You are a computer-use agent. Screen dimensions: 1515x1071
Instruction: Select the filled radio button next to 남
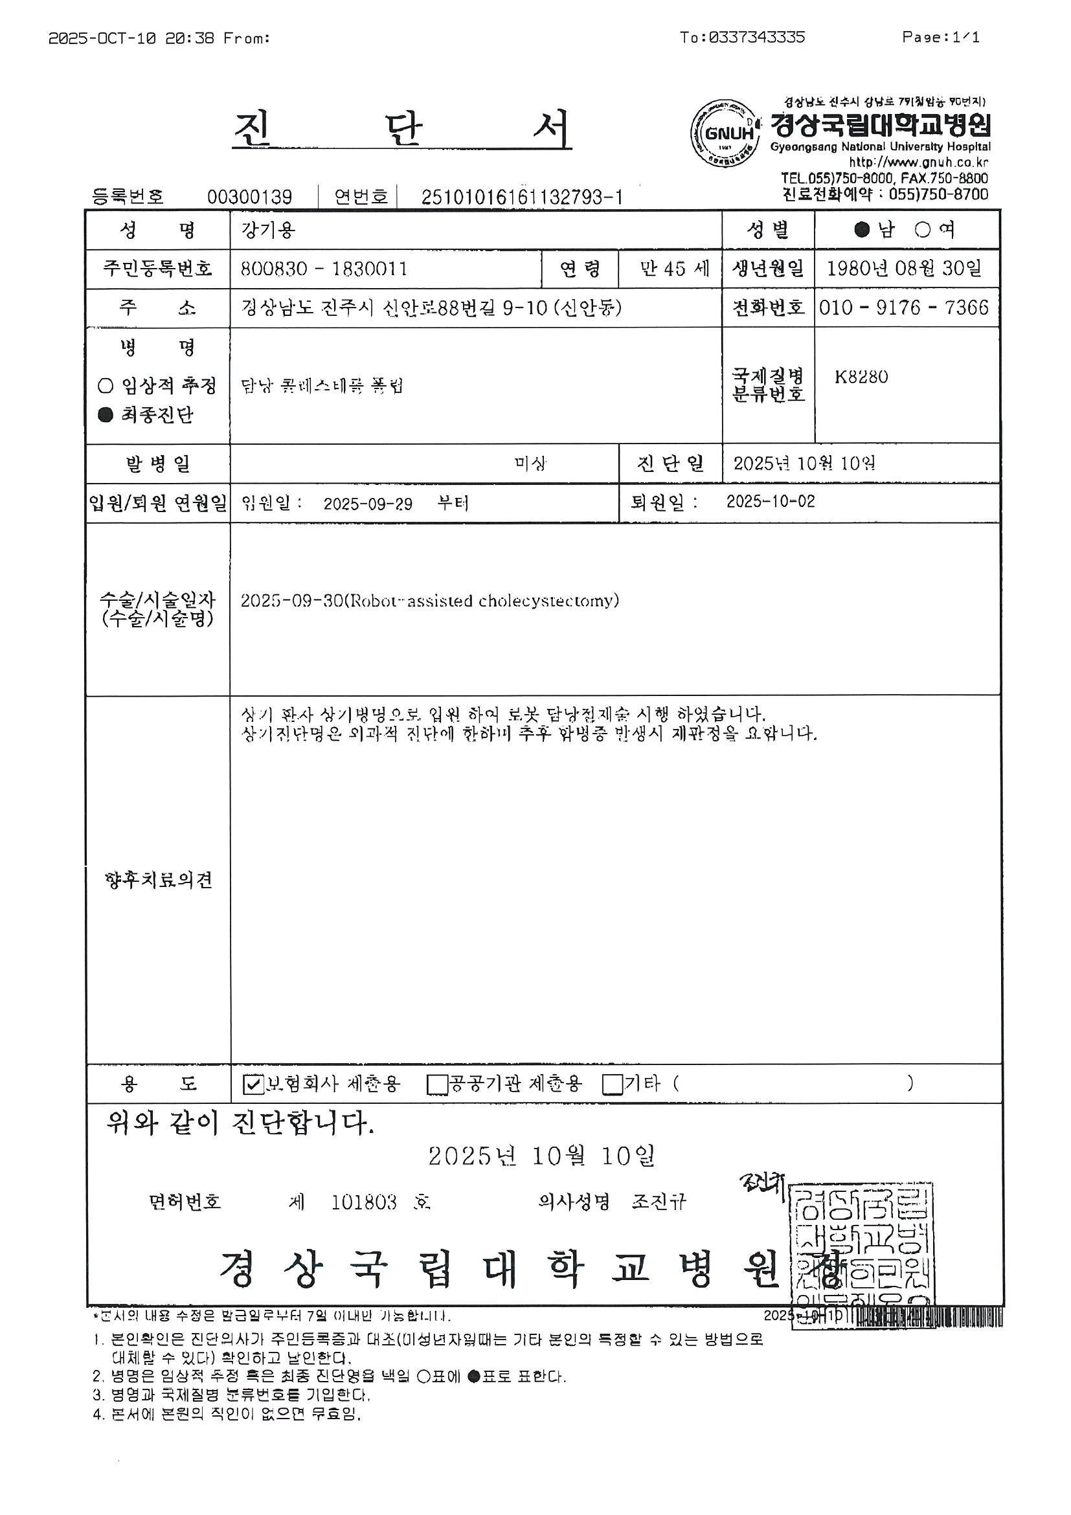pos(862,230)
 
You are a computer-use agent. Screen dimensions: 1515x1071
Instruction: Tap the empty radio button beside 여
pos(923,230)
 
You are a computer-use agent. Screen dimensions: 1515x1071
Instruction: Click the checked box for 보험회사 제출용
pos(253,1084)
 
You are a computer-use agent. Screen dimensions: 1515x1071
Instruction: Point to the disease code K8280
pos(861,377)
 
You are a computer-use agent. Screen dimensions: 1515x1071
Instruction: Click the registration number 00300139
pos(249,197)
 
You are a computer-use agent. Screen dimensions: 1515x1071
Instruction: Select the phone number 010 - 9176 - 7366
pos(903,308)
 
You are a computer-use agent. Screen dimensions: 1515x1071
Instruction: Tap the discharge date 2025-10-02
pos(770,502)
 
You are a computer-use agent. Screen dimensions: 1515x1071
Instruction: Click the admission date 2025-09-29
pos(368,504)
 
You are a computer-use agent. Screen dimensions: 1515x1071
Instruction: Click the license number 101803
pos(364,1202)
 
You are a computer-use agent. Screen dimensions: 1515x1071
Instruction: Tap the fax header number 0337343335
pos(756,38)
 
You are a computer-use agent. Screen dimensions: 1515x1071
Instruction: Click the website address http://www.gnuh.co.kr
pos(918,163)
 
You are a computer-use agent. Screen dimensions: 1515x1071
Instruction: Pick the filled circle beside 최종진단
pos(105,415)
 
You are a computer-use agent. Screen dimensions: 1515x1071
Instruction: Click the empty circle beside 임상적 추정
pos(105,386)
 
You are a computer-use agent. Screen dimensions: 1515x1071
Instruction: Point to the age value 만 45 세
pos(674,269)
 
